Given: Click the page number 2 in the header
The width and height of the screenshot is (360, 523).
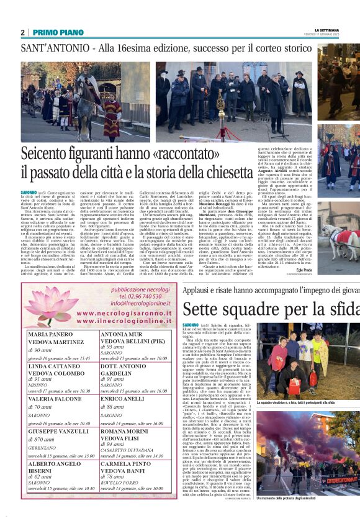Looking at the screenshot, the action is point(22,32).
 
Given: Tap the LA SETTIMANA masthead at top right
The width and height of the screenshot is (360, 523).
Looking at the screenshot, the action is point(328,29).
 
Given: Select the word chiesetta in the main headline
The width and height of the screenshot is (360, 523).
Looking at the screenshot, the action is point(215,170).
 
